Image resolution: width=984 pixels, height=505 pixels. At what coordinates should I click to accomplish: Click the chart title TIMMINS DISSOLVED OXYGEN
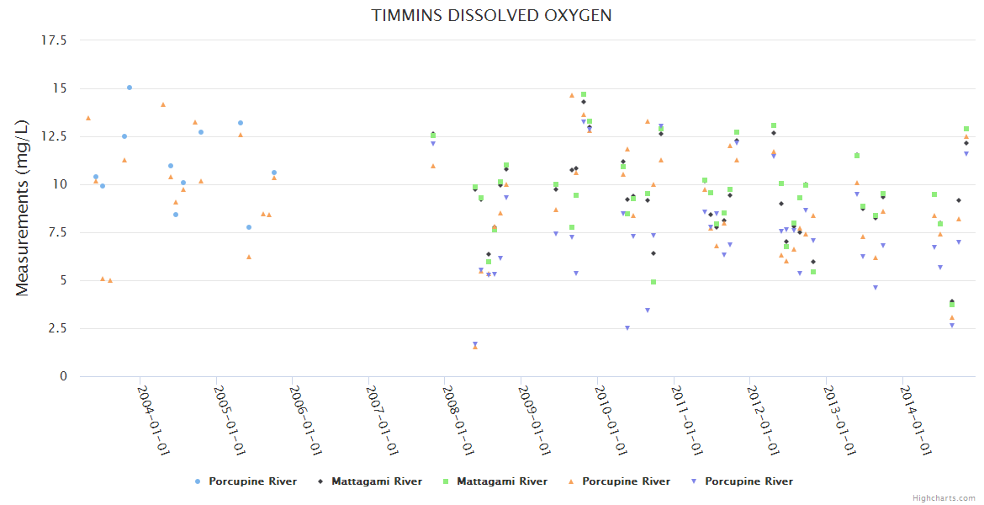click(x=492, y=15)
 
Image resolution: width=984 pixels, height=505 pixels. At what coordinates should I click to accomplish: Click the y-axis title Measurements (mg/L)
click(x=23, y=208)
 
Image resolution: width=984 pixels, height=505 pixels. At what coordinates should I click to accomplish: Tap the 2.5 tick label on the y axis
click(x=58, y=328)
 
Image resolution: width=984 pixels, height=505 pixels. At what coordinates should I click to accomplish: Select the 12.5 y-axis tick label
click(x=56, y=136)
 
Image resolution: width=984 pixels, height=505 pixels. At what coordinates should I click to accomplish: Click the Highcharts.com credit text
click(x=944, y=498)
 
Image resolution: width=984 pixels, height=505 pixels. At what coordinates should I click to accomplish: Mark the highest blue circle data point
click(x=130, y=88)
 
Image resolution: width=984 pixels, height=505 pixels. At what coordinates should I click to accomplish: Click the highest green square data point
click(x=584, y=94)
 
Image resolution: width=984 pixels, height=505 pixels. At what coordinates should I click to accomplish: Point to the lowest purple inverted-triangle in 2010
click(x=627, y=328)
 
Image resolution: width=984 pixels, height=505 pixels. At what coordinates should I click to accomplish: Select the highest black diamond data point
click(x=584, y=102)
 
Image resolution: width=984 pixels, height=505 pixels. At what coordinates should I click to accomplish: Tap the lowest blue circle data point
click(x=249, y=227)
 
